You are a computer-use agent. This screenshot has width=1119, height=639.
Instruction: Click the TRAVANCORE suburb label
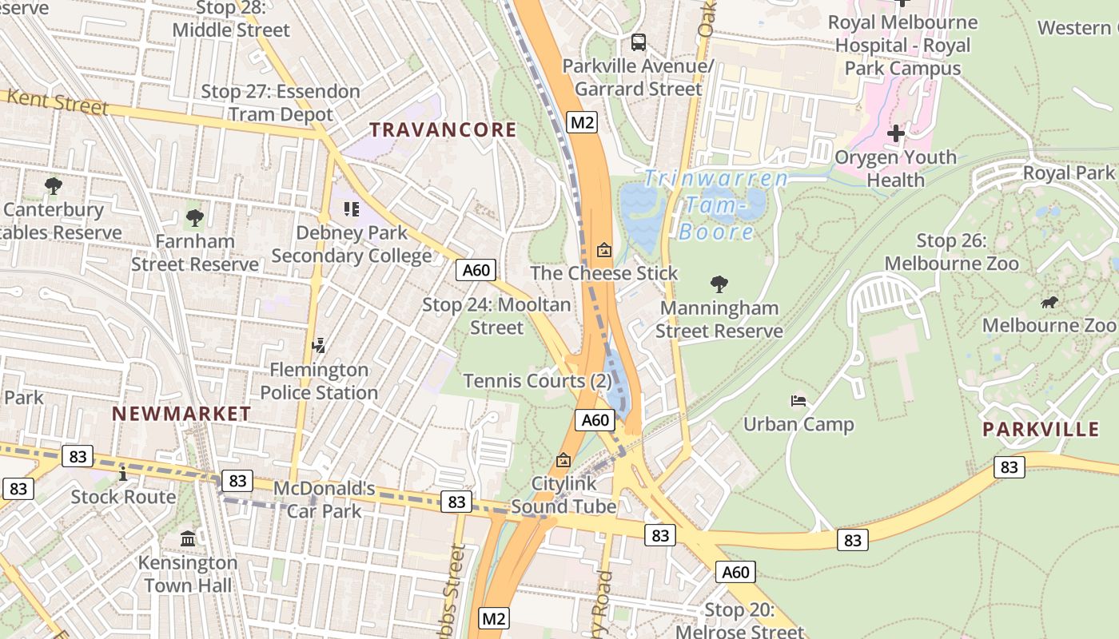(x=443, y=129)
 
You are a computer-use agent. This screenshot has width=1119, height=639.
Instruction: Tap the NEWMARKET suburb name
(x=181, y=414)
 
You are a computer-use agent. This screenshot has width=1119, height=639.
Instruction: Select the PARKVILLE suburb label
(x=1041, y=429)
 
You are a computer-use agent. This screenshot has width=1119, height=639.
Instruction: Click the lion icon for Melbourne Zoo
(x=1049, y=302)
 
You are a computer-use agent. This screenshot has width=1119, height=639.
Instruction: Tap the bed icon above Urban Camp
(x=798, y=401)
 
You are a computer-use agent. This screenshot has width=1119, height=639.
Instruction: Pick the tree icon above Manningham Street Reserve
(x=719, y=284)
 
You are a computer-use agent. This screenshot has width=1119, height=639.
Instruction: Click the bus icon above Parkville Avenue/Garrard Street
(x=638, y=42)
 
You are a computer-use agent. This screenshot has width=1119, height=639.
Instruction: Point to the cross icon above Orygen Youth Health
(x=895, y=133)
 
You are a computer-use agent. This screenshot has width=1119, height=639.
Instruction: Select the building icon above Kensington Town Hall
(x=188, y=539)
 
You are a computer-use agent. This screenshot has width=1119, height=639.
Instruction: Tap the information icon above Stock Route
(x=122, y=474)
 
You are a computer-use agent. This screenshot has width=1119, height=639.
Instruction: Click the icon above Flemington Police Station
(x=319, y=346)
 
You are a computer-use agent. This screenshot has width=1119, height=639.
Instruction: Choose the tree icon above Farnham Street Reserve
(x=194, y=217)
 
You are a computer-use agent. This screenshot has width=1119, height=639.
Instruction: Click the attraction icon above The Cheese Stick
(x=604, y=250)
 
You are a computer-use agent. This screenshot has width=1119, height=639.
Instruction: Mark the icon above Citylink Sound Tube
(x=563, y=460)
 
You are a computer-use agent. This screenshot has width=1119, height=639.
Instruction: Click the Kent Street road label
(x=57, y=102)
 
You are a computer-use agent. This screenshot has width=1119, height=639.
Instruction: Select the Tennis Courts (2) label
(x=537, y=381)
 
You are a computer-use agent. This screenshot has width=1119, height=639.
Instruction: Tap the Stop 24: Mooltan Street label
(x=496, y=316)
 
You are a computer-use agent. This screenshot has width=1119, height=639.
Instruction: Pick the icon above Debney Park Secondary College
(x=351, y=209)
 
